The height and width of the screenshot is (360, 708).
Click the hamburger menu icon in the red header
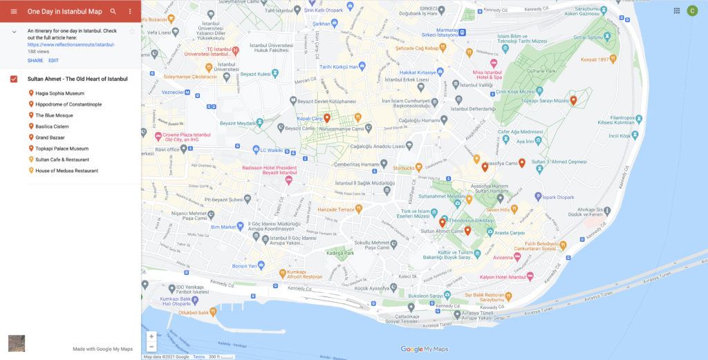(x=13, y=12)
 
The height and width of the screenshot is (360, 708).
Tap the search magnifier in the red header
(x=113, y=12)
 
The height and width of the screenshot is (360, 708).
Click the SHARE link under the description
(x=35, y=60)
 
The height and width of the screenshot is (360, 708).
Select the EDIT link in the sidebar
(x=53, y=60)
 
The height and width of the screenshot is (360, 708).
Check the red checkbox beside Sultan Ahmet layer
(x=14, y=79)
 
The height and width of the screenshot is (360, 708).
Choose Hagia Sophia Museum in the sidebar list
(x=59, y=93)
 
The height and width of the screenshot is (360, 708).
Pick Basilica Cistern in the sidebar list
(x=57, y=126)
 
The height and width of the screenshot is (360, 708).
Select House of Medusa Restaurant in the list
(x=66, y=171)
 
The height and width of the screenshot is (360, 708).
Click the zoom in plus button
(x=151, y=337)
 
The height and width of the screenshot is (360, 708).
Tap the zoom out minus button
(x=151, y=346)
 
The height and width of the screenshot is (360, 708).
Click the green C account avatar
(x=692, y=10)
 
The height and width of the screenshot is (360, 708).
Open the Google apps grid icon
(x=676, y=10)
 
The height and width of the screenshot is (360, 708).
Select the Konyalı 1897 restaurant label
(x=599, y=59)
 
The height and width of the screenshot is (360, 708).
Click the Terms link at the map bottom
(x=199, y=357)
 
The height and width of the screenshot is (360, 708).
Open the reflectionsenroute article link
(x=71, y=44)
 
